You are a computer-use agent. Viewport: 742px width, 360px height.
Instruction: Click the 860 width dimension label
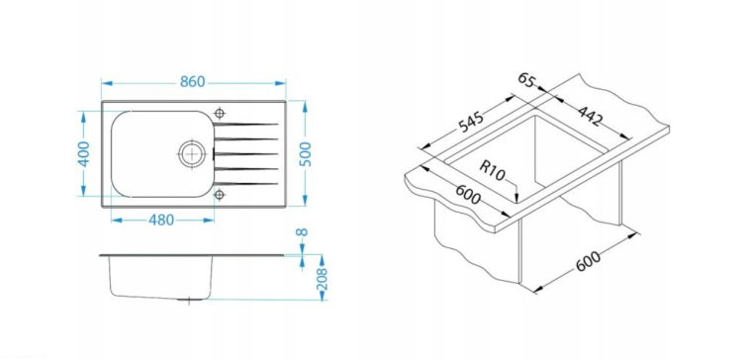(x=193, y=82)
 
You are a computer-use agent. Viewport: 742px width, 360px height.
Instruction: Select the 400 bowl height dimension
(x=83, y=153)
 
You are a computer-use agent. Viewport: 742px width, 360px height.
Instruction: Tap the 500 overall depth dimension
(x=306, y=153)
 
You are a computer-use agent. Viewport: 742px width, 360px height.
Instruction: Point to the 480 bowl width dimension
(x=161, y=220)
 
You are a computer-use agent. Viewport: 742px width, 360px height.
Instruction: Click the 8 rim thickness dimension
(x=302, y=232)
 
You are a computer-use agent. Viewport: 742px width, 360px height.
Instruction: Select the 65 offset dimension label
(x=525, y=79)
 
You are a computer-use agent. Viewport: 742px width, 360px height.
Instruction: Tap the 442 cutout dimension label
(x=590, y=116)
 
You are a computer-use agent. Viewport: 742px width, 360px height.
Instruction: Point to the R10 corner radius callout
(x=493, y=171)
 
